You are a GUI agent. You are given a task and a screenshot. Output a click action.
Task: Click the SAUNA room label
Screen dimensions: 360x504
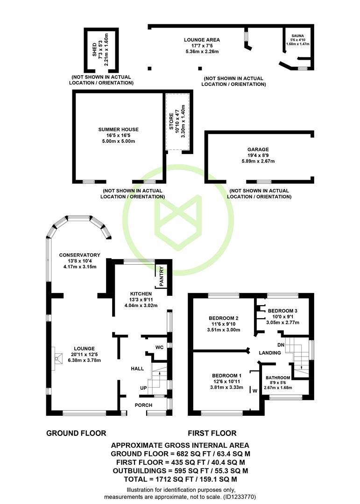pyautogui.click(x=297, y=35)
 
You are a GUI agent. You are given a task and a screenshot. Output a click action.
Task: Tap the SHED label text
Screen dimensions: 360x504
pyautogui.click(x=95, y=50)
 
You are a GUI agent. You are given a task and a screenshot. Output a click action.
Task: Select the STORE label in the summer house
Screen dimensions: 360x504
pyautogui.click(x=171, y=121)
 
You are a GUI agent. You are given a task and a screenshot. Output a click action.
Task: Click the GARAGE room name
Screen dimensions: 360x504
pyautogui.click(x=258, y=149)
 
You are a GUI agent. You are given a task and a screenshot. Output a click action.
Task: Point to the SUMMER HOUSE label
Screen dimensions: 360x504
pyautogui.click(x=119, y=130)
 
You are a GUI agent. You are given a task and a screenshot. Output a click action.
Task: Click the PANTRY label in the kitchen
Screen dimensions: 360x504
pyautogui.click(x=162, y=276)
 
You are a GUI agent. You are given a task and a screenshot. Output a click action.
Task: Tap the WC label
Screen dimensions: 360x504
pyautogui.click(x=160, y=347)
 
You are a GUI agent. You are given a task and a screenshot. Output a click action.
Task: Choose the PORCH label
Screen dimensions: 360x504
pyautogui.click(x=143, y=405)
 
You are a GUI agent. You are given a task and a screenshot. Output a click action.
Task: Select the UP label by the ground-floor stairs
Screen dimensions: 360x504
pyautogui.click(x=143, y=388)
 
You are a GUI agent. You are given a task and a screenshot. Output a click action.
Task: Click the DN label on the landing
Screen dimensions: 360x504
pyautogui.click(x=281, y=345)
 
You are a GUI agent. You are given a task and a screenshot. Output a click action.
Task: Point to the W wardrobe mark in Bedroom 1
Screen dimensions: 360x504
pyautogui.click(x=255, y=391)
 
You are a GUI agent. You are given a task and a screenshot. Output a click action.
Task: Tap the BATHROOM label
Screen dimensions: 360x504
pyautogui.click(x=278, y=378)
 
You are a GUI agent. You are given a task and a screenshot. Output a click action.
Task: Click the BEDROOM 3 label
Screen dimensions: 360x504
pyautogui.click(x=282, y=311)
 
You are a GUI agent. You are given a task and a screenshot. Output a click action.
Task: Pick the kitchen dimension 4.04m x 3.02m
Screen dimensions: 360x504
pyautogui.click(x=141, y=305)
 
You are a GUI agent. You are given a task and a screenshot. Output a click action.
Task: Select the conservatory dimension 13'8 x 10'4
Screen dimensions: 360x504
pyautogui.click(x=80, y=261)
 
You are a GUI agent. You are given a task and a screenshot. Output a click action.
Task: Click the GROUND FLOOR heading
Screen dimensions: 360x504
pyautogui.click(x=76, y=433)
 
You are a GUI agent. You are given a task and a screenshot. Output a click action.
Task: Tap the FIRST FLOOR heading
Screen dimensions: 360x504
pyautogui.click(x=212, y=433)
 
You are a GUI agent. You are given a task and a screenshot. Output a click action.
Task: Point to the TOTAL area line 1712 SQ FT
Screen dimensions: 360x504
pyautogui.click(x=181, y=479)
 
